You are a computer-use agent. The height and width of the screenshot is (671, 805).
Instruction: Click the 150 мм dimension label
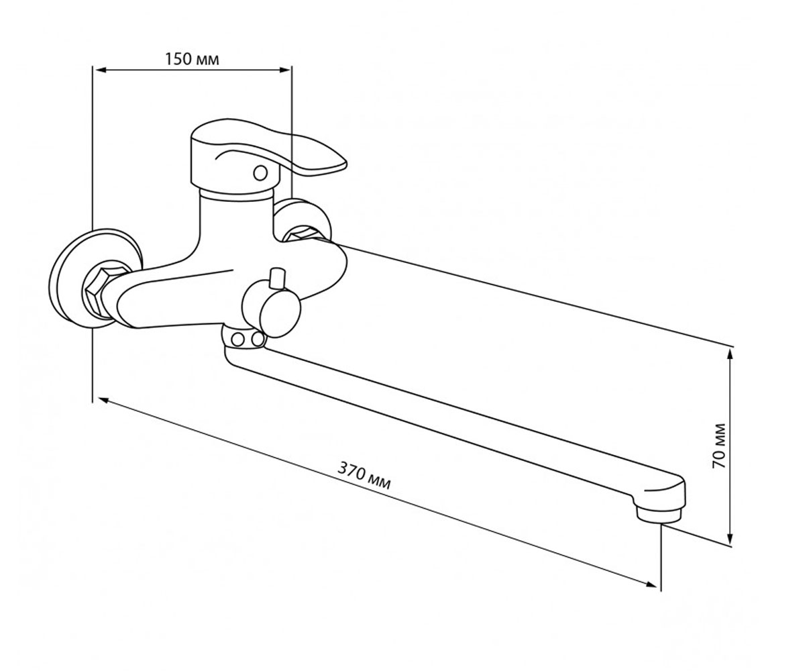pyautogui.click(x=192, y=60)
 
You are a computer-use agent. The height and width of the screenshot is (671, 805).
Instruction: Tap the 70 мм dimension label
pyautogui.click(x=718, y=446)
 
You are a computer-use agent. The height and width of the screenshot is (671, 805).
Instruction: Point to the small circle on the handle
pyautogui.click(x=261, y=172)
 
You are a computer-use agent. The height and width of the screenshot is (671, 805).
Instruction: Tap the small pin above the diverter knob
pyautogui.click(x=277, y=278)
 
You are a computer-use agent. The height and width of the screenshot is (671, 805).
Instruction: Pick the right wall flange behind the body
pyautogui.click(x=303, y=219)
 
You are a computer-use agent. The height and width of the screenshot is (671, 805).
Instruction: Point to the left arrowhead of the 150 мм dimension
pyautogui.click(x=100, y=70)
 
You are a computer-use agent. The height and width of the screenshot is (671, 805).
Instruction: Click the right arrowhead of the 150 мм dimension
pyautogui.click(x=284, y=70)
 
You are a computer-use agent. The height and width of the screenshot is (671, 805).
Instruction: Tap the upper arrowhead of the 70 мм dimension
pyautogui.click(x=729, y=357)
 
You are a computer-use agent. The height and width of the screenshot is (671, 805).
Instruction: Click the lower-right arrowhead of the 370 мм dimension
pyautogui.click(x=651, y=584)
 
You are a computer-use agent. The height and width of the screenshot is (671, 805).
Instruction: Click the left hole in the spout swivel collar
pyautogui.click(x=238, y=340)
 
